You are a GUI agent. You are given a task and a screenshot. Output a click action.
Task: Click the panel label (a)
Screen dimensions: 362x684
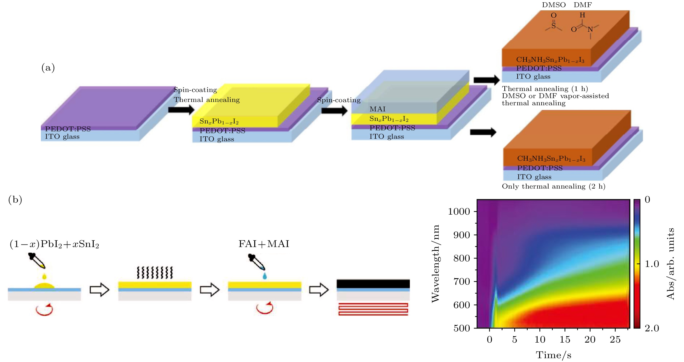(x=48, y=68)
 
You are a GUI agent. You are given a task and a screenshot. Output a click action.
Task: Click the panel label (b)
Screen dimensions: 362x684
(x=15, y=199)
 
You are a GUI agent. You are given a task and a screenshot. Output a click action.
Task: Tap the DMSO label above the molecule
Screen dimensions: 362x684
(x=554, y=5)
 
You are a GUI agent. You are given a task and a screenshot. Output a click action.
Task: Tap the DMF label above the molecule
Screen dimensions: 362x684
(x=583, y=5)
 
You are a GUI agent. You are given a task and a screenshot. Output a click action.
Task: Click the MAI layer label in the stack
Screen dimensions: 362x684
(x=377, y=109)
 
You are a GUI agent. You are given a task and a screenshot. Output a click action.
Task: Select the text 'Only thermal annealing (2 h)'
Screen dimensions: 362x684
(x=553, y=186)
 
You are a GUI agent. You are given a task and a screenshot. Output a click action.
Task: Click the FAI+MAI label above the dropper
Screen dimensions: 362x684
(x=264, y=244)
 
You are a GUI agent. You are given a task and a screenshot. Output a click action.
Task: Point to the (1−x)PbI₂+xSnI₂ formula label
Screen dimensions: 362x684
(x=54, y=244)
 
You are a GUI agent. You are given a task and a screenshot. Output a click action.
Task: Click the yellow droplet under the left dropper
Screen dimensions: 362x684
(x=44, y=276)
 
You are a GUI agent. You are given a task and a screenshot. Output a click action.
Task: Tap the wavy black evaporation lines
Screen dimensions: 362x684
(x=155, y=272)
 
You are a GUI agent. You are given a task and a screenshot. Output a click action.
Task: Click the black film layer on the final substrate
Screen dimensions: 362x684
(x=373, y=284)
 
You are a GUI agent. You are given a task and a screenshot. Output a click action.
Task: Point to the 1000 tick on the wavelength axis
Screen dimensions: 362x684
(x=459, y=212)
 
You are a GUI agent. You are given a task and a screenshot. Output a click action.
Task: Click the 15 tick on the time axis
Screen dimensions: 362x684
(x=565, y=339)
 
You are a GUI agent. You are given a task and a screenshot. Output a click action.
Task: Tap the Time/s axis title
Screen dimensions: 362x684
(x=553, y=355)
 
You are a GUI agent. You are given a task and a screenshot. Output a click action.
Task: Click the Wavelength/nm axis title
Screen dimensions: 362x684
(x=435, y=263)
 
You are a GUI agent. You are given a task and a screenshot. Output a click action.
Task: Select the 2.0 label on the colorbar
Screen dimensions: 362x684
(x=652, y=328)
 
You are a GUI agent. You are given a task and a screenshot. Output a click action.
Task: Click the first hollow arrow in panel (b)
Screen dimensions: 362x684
(x=99, y=289)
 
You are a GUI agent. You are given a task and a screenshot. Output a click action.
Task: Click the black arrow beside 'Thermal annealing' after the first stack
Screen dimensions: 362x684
(x=181, y=109)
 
